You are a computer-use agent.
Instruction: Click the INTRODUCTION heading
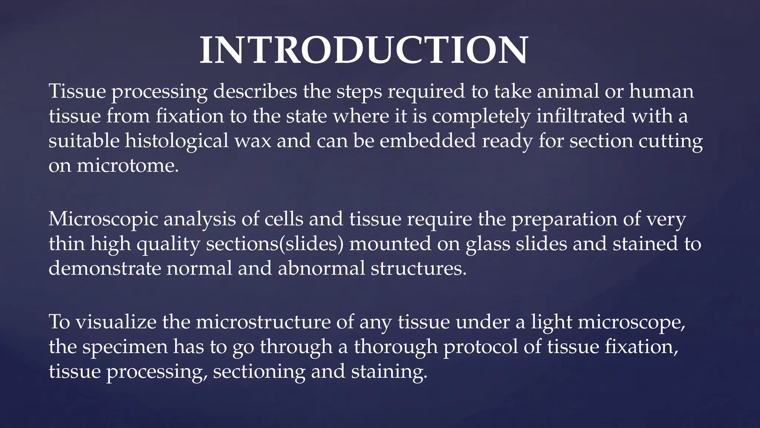[364, 51]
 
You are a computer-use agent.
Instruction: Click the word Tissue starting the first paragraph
[77, 91]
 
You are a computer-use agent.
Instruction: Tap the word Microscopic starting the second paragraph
[103, 219]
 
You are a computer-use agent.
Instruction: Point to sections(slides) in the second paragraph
[275, 244]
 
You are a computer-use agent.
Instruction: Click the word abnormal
[321, 268]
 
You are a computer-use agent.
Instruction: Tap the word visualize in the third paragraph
[116, 322]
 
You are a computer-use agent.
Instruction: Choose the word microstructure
[263, 322]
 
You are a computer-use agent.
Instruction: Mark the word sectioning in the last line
[259, 372]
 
